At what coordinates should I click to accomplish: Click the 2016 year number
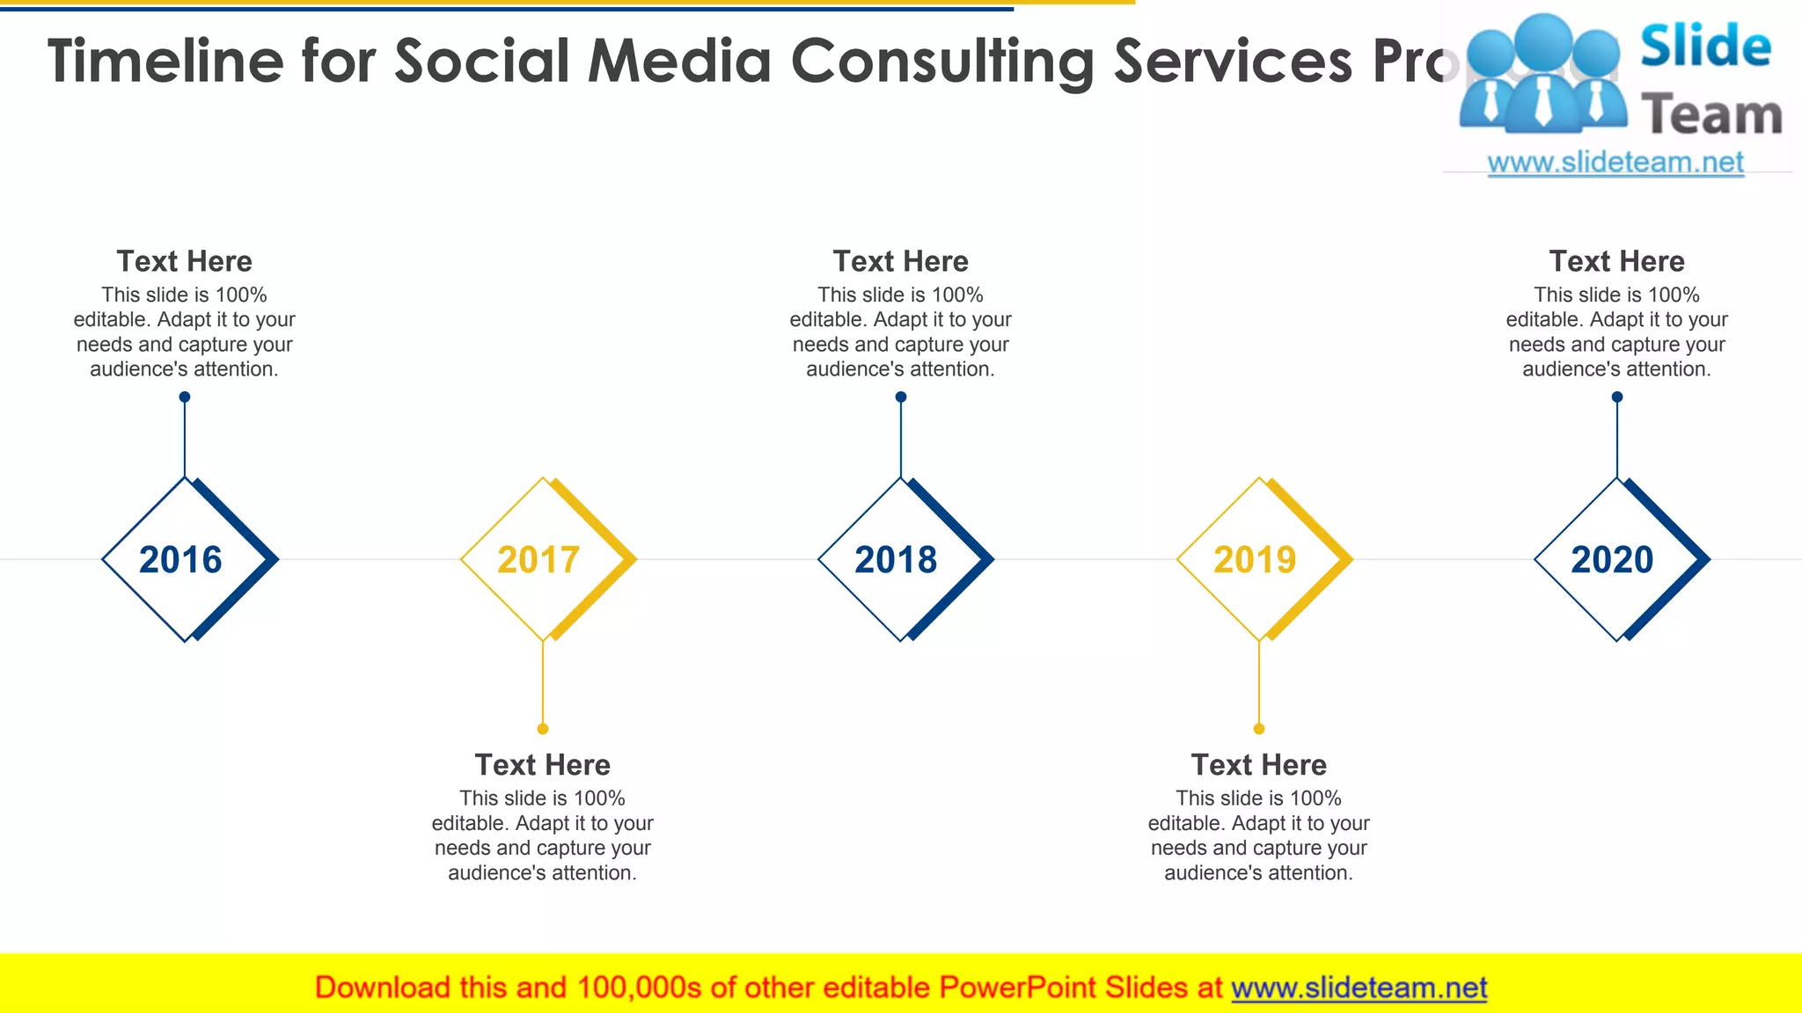click(180, 559)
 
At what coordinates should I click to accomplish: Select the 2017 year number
click(538, 559)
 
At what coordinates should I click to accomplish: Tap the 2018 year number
click(896, 559)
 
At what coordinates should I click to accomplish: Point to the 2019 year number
click(1255, 559)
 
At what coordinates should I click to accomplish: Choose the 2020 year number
click(1612, 559)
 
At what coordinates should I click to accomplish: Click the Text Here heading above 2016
click(184, 261)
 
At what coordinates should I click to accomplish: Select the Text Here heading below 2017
click(542, 765)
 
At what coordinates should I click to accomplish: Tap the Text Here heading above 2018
click(900, 261)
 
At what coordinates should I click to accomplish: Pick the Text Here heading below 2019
click(1258, 765)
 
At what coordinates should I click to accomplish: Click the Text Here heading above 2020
click(1616, 261)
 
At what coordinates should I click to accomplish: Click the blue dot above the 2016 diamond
click(185, 397)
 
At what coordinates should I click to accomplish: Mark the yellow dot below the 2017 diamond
click(543, 729)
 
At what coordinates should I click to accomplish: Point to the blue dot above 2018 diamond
click(901, 397)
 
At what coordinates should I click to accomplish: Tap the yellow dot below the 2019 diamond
click(1259, 729)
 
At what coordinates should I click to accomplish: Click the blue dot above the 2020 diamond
click(1617, 397)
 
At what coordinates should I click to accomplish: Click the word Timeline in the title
click(165, 62)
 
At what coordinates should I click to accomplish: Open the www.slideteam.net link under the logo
click(1615, 162)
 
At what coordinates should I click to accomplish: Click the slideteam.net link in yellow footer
click(1359, 987)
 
